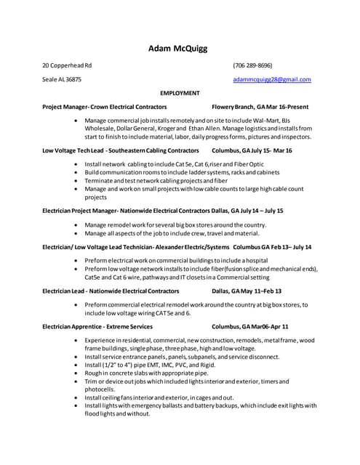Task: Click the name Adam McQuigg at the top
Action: pyautogui.click(x=177, y=49)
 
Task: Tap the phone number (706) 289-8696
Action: pyautogui.click(x=252, y=65)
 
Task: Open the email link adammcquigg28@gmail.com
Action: pyautogui.click(x=271, y=79)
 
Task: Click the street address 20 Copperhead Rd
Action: pyautogui.click(x=67, y=65)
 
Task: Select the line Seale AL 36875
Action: pyautogui.click(x=62, y=79)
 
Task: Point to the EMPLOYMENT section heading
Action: pyautogui.click(x=180, y=93)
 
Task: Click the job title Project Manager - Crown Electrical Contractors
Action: pyautogui.click(x=104, y=107)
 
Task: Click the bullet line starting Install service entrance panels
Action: pyautogui.click(x=182, y=357)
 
